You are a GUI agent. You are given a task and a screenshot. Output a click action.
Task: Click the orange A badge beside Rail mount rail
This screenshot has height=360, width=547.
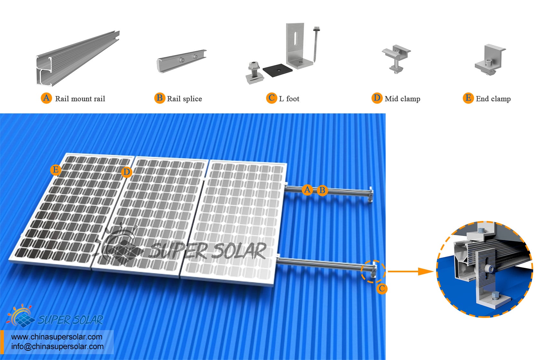46,98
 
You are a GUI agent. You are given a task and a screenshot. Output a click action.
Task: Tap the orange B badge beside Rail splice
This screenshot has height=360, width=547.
160,98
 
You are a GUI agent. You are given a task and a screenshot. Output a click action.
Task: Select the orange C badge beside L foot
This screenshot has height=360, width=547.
271,98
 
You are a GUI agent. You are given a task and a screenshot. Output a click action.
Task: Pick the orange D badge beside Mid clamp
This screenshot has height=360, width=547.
377,98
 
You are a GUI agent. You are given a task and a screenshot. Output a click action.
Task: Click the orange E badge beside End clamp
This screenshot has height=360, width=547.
468,98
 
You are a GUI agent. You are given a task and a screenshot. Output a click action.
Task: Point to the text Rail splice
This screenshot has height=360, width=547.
184,99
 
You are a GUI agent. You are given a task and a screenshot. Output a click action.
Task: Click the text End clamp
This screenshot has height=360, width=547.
493,99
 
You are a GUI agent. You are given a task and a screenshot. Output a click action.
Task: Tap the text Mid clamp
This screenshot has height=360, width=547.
402,99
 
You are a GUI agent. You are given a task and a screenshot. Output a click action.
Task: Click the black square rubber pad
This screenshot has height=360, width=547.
277,70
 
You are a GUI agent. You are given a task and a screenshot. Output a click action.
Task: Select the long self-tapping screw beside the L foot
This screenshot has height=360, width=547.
316,44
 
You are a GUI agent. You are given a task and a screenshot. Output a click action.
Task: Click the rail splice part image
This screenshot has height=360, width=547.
181,61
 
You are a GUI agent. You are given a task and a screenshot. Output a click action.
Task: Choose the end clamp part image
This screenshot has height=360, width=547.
490,59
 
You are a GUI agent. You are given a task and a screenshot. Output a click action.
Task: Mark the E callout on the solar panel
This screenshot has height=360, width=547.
56,170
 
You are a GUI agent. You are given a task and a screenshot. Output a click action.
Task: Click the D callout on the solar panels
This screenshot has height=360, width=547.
127,172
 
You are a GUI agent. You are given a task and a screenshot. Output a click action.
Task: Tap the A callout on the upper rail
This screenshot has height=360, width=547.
307,190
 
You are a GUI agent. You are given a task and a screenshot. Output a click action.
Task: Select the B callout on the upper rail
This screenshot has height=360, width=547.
322,190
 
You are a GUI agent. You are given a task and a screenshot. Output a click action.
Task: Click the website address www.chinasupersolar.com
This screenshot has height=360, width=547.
57,337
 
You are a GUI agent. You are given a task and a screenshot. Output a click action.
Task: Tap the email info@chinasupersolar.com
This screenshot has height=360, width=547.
58,347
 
